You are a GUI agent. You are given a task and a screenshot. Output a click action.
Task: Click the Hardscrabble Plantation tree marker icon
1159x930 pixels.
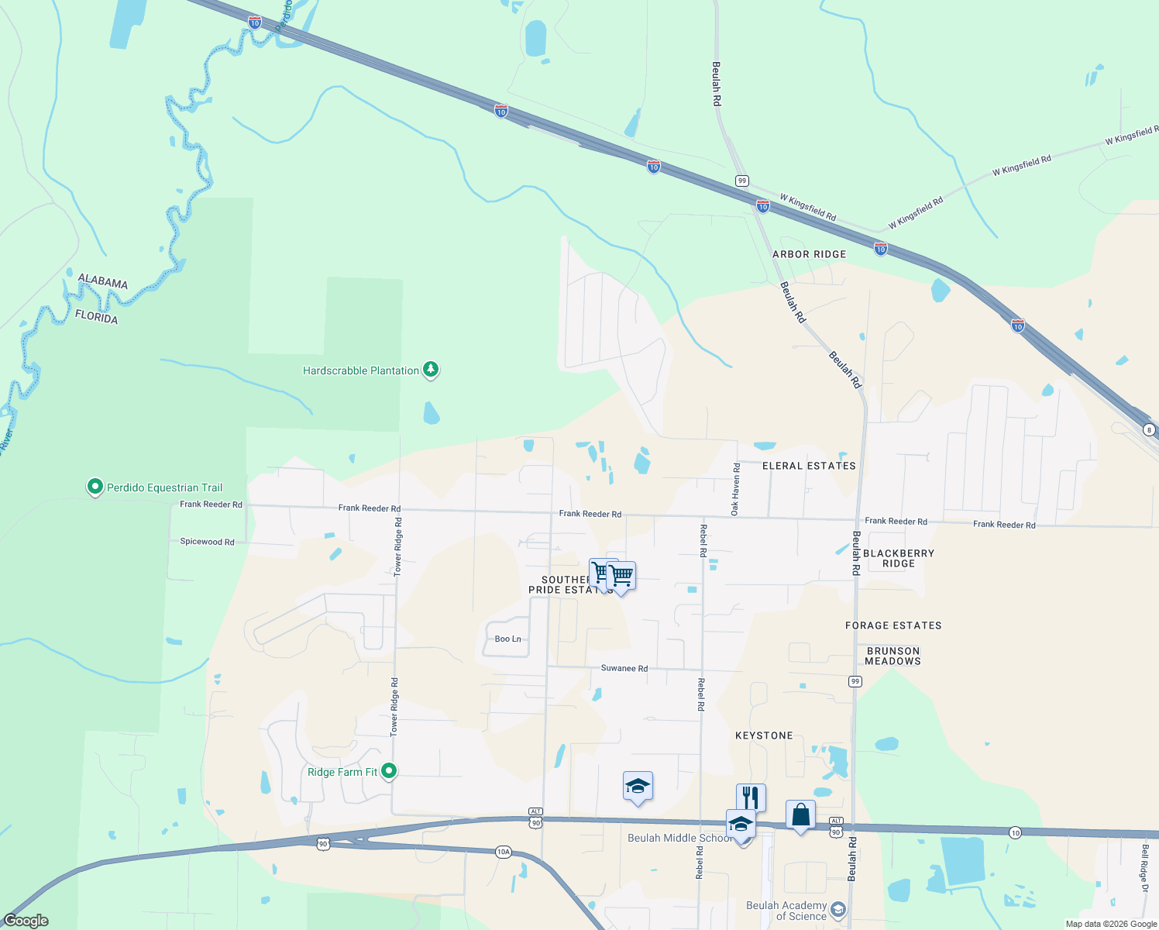click(431, 370)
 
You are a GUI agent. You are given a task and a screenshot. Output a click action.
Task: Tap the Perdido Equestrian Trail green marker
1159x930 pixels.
click(95, 487)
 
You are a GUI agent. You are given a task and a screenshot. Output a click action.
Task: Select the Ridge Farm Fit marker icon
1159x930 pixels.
click(390, 771)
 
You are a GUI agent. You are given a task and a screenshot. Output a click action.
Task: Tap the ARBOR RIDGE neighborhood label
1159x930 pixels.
click(809, 254)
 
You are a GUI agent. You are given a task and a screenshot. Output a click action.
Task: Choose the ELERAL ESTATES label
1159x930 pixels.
click(809, 466)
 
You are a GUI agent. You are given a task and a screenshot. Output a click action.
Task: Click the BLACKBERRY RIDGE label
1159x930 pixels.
click(898, 558)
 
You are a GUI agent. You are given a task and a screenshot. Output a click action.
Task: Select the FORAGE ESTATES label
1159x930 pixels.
click(893, 625)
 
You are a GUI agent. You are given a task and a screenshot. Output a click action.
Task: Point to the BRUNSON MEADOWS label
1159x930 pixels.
click(892, 656)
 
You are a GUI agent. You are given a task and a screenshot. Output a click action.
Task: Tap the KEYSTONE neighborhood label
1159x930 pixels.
click(764, 735)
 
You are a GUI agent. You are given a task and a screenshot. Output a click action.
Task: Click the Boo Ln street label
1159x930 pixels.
click(507, 639)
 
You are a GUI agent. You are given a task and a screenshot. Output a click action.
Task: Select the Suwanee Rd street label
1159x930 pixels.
click(624, 668)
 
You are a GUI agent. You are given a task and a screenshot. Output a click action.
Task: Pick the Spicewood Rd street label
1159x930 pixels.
click(207, 542)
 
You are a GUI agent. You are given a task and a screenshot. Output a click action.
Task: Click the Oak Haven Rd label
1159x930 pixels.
click(736, 490)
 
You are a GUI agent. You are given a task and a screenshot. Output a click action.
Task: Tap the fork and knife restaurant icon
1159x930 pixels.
click(751, 797)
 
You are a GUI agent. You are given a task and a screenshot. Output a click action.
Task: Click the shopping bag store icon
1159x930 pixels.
click(800, 815)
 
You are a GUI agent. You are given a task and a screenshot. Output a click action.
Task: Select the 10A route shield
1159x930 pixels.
click(503, 852)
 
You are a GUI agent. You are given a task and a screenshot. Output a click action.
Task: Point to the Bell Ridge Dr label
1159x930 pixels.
click(1144, 868)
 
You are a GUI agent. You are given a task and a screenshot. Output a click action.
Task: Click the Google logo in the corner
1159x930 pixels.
click(26, 921)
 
